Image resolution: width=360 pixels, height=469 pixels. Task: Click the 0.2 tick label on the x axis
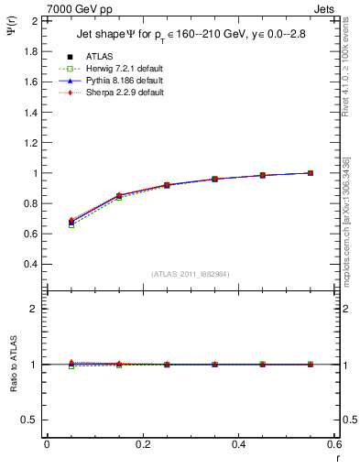click(x=142, y=444)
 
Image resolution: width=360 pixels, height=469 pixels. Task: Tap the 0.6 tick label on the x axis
click(x=333, y=444)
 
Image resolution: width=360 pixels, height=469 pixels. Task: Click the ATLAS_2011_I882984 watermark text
click(x=190, y=275)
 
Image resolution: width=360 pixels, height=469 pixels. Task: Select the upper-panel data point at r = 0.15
click(x=119, y=195)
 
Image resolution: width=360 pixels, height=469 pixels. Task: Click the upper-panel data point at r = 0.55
click(x=311, y=173)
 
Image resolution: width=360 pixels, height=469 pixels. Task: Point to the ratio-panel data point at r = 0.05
click(x=71, y=364)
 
